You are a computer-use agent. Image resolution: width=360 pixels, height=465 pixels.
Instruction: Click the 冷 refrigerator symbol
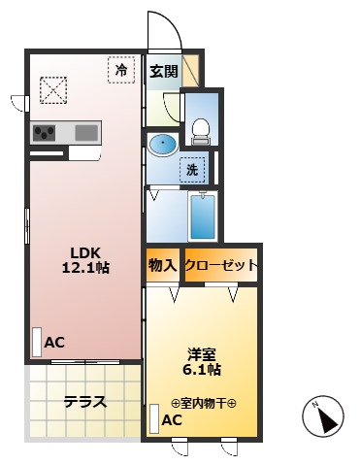click(x=121, y=70)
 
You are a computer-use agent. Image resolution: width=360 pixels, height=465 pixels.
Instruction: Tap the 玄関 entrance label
click(x=162, y=70)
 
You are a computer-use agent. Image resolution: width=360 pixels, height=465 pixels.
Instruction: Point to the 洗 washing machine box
click(x=192, y=169)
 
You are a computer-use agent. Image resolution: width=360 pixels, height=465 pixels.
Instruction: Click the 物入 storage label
click(x=162, y=265)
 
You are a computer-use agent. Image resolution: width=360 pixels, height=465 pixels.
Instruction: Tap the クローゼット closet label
click(x=220, y=265)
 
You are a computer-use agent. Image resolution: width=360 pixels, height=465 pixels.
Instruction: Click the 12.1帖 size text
click(x=84, y=267)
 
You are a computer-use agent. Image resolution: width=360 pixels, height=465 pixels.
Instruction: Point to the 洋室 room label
click(x=202, y=352)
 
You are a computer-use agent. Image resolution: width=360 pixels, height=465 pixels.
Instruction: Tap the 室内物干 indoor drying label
click(x=204, y=403)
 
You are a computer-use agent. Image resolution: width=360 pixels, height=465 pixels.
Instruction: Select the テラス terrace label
click(x=84, y=402)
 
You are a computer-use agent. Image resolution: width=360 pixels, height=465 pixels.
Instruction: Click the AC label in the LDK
click(x=54, y=342)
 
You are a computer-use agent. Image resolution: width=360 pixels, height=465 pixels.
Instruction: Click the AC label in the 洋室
click(x=171, y=420)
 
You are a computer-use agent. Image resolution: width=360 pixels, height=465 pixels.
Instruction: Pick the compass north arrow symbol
click(x=326, y=417)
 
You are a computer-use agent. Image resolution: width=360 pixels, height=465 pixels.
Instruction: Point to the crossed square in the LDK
click(x=51, y=90)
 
